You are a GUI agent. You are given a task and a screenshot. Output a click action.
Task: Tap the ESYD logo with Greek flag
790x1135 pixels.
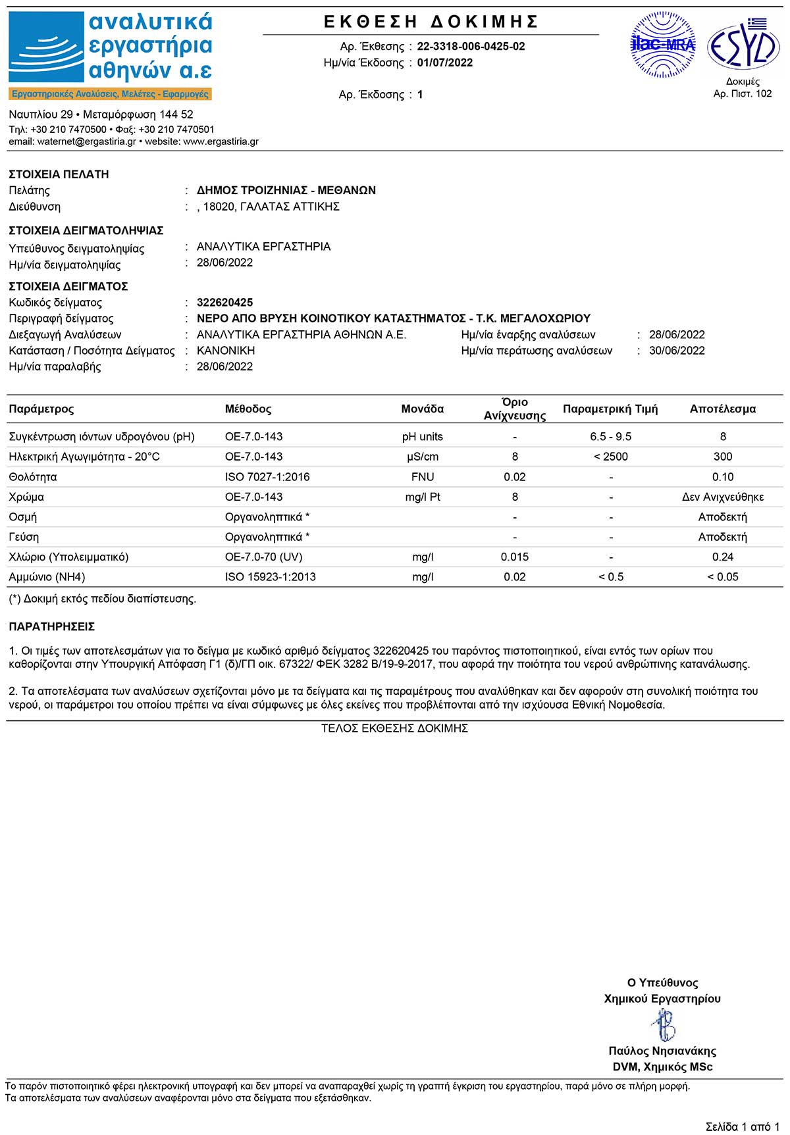(x=743, y=45)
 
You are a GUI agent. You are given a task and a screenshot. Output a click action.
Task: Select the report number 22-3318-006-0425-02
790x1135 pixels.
(x=471, y=47)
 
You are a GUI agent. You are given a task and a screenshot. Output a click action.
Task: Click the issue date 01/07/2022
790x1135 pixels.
(x=444, y=63)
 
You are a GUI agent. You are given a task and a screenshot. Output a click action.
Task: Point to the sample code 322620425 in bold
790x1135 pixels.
(x=224, y=303)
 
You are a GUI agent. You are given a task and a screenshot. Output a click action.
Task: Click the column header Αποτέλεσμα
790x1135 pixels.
(x=722, y=409)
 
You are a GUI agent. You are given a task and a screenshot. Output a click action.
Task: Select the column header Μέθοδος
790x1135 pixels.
(x=248, y=409)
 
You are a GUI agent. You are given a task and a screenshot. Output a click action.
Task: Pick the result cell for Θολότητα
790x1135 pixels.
(x=722, y=477)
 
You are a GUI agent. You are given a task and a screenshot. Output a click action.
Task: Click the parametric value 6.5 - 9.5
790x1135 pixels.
(x=610, y=437)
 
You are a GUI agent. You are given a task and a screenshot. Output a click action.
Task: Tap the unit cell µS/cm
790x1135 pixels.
(x=422, y=457)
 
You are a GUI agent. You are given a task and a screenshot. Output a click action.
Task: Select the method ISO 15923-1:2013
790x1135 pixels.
(x=270, y=577)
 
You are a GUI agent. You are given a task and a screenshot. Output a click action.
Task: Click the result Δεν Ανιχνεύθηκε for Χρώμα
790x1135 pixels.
(x=722, y=497)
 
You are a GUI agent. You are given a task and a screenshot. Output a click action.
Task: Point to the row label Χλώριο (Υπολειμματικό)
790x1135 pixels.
(x=68, y=557)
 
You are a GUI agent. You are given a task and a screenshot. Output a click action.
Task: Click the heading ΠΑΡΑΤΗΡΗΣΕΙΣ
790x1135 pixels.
(x=52, y=627)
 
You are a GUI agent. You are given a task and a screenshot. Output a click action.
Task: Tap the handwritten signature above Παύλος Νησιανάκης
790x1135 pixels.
(x=663, y=1025)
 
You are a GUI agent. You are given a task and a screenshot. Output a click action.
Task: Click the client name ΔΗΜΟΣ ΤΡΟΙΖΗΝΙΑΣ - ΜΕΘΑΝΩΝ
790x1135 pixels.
(x=286, y=191)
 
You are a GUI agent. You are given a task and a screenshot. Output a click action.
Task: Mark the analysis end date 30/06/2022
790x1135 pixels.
(x=677, y=351)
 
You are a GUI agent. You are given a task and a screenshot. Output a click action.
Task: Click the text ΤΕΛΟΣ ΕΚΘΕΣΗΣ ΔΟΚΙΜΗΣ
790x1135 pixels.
(x=394, y=728)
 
